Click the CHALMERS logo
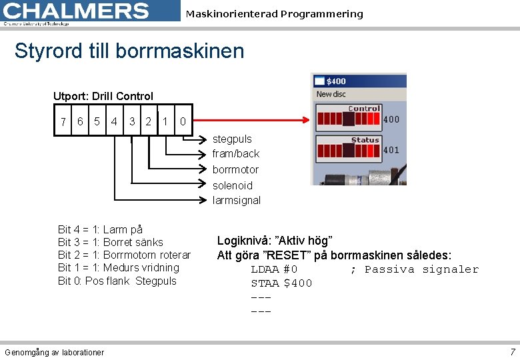point(77,11)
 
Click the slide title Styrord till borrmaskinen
point(129,51)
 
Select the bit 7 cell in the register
point(63,122)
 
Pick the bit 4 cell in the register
point(115,122)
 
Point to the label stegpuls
point(232,139)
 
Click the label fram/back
point(236,154)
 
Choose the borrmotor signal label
point(235,170)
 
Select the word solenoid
point(233,185)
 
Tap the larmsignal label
point(237,201)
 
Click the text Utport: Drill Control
point(103,97)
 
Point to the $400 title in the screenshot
point(335,81)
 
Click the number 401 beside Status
point(391,150)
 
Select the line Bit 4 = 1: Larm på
point(100,230)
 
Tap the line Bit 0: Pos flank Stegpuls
point(117,281)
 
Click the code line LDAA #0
point(274,269)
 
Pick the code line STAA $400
point(281,283)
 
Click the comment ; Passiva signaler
point(414,269)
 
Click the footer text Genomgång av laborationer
point(54,352)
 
